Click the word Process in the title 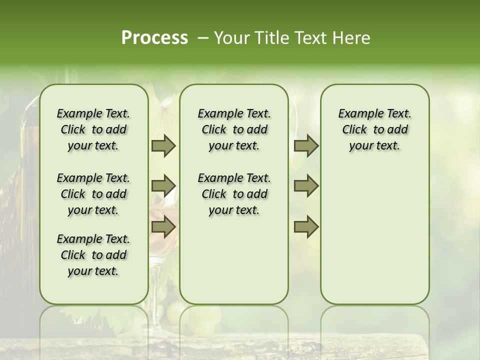tap(154, 38)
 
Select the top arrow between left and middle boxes tap(163, 146)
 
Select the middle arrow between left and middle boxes tap(163, 186)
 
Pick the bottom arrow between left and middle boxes tap(163, 226)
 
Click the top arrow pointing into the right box tap(306, 146)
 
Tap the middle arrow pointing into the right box tap(306, 186)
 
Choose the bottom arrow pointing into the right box tap(306, 226)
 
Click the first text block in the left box tap(93, 129)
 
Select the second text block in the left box tap(93, 194)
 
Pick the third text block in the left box tap(93, 255)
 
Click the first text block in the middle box tap(234, 129)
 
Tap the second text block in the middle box tap(234, 194)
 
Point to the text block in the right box tap(374, 129)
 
